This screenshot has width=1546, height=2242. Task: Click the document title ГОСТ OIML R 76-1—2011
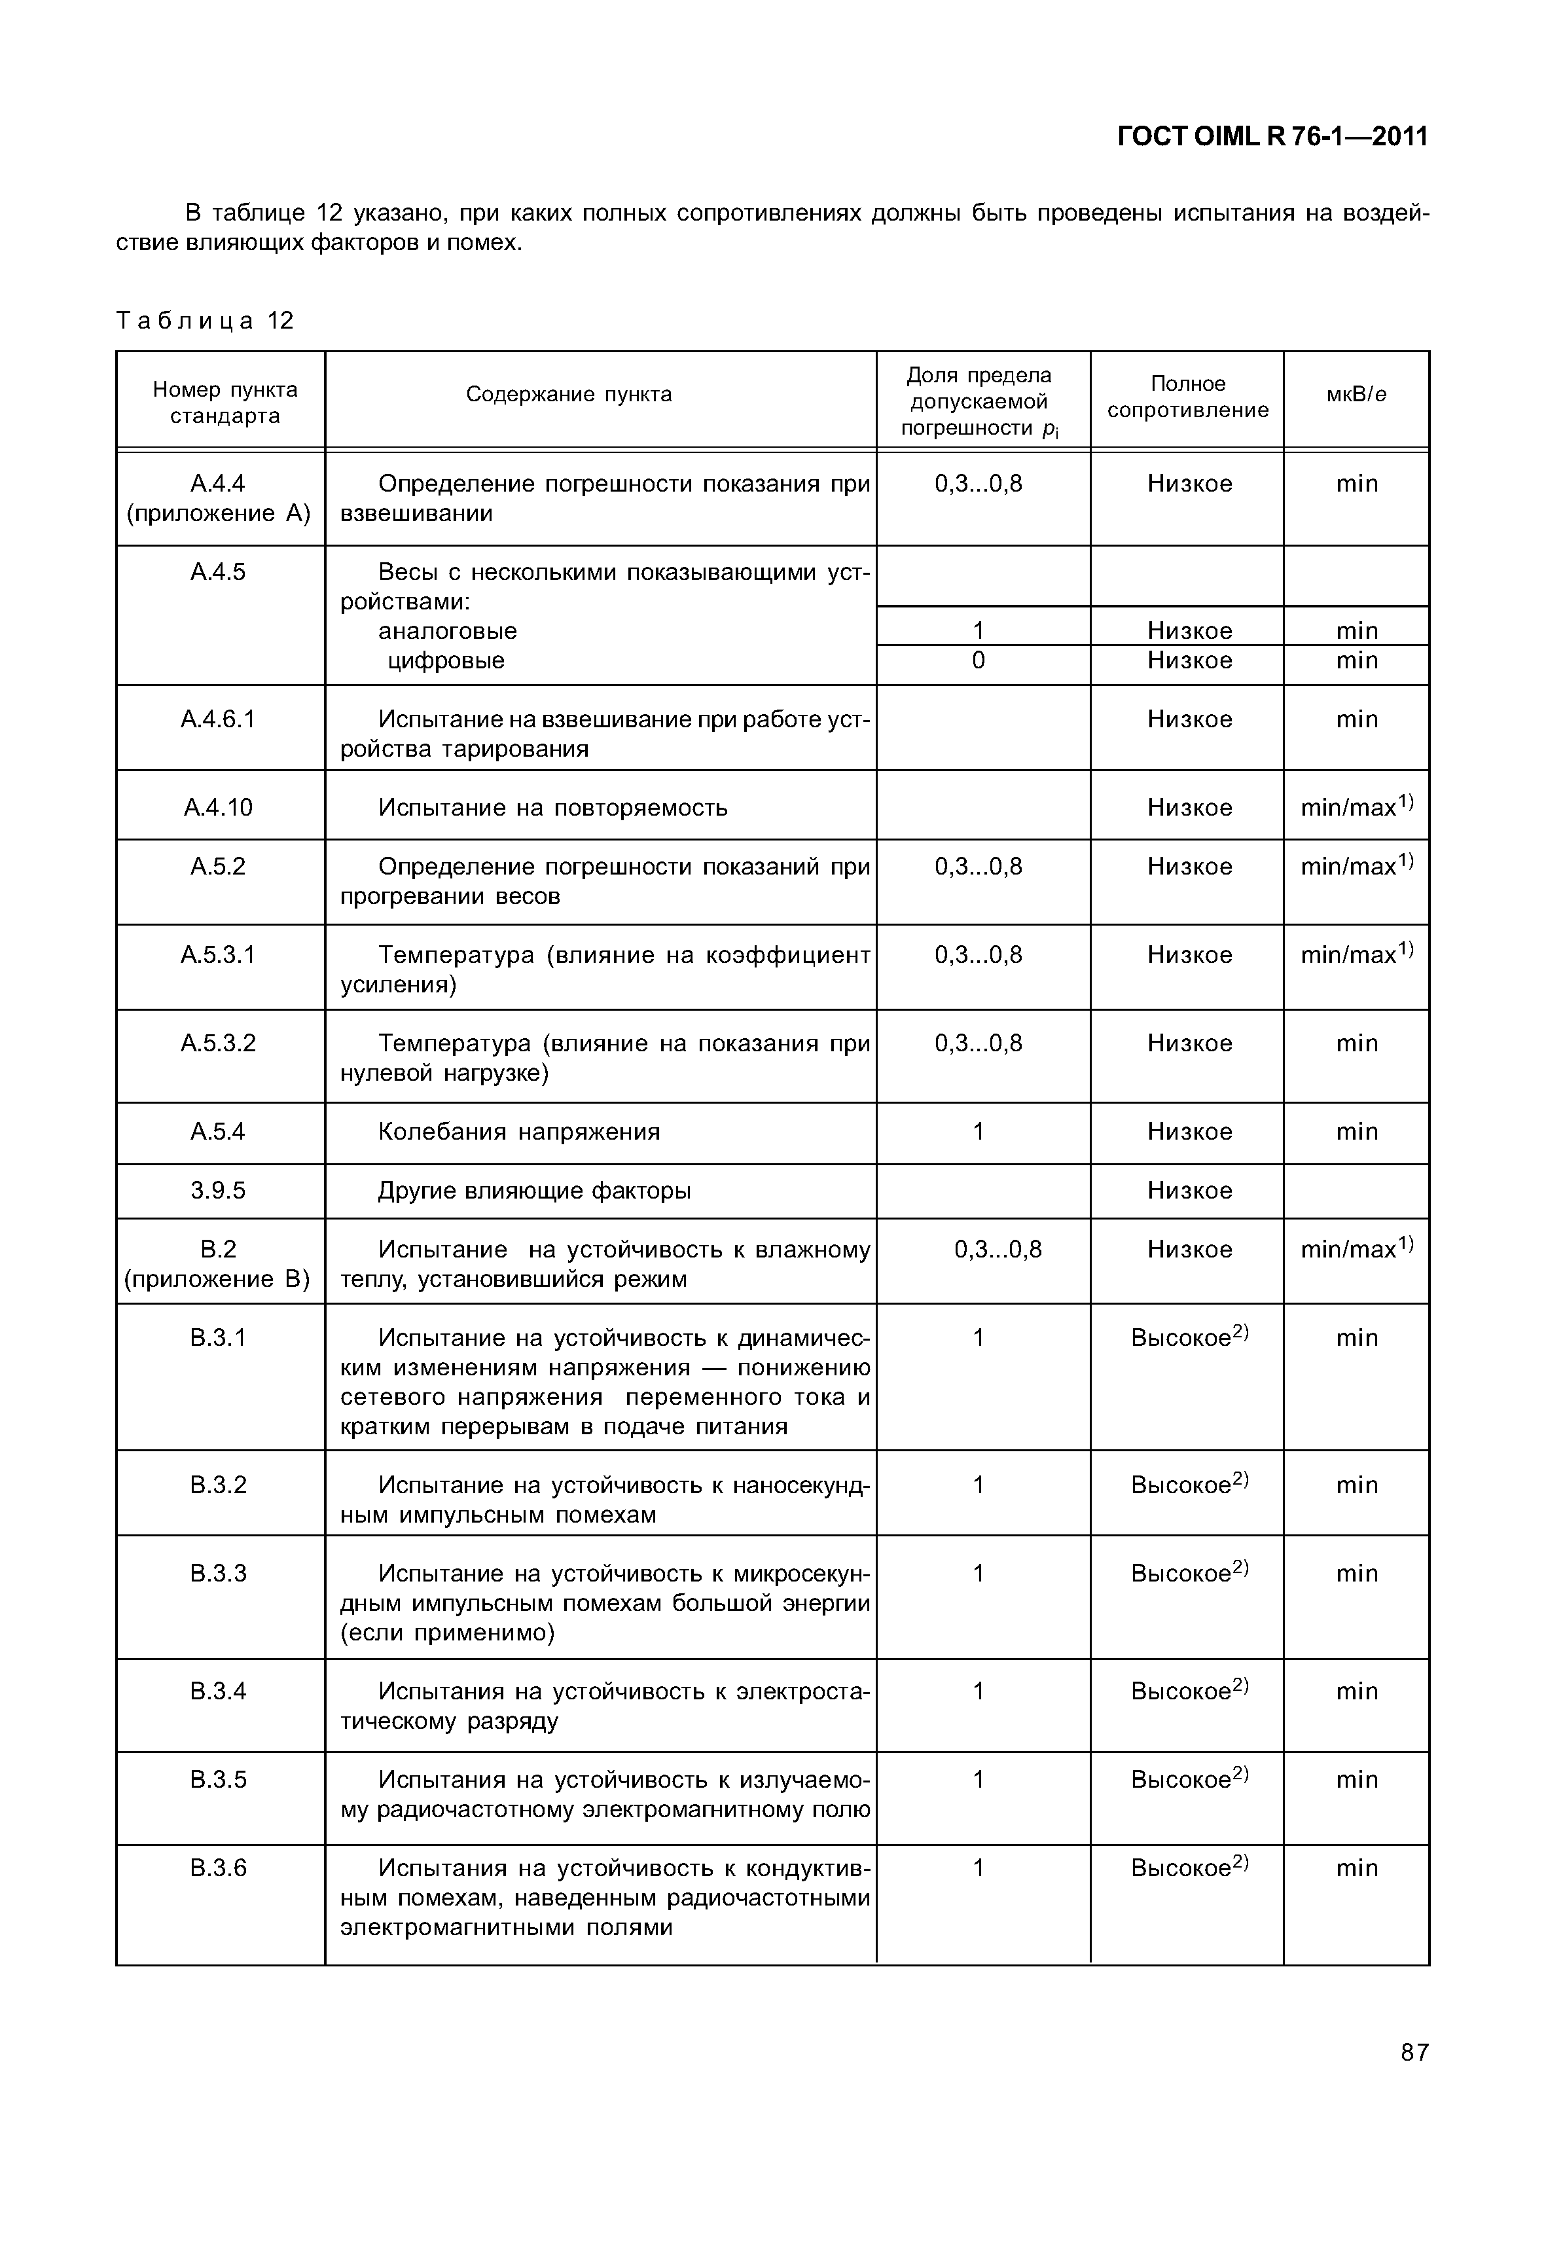click(1272, 137)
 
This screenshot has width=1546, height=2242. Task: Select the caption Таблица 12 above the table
click(204, 321)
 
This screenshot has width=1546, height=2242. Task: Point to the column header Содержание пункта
click(569, 394)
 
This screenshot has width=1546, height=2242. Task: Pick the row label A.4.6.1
click(218, 719)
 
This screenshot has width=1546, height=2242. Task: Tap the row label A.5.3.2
click(218, 1043)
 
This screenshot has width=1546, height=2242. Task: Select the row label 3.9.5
click(218, 1191)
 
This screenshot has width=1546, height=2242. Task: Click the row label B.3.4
click(218, 1691)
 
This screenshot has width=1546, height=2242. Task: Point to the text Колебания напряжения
click(518, 1132)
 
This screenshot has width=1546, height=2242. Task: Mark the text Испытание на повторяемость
click(552, 808)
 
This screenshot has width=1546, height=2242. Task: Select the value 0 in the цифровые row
click(979, 660)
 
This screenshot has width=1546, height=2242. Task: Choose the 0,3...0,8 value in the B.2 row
click(998, 1250)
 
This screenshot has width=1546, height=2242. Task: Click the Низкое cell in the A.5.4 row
click(1189, 1132)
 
